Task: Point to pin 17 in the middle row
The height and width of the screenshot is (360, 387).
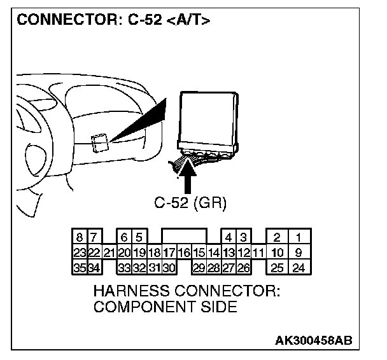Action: (x=169, y=253)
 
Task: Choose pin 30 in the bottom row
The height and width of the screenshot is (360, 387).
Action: (x=169, y=268)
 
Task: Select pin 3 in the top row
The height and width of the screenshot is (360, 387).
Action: (x=243, y=238)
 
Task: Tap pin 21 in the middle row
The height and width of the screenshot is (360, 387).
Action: (x=109, y=253)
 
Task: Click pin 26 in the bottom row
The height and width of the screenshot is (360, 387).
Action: (x=243, y=268)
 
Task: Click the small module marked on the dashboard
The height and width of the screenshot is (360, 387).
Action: (x=99, y=142)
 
